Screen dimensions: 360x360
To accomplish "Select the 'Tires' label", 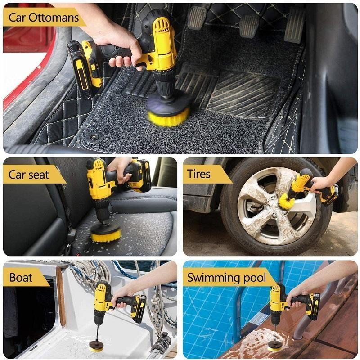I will coord(199,174).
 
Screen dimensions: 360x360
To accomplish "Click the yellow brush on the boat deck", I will coord(96,346).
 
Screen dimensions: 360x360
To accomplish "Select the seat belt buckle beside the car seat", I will coord(71,234).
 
